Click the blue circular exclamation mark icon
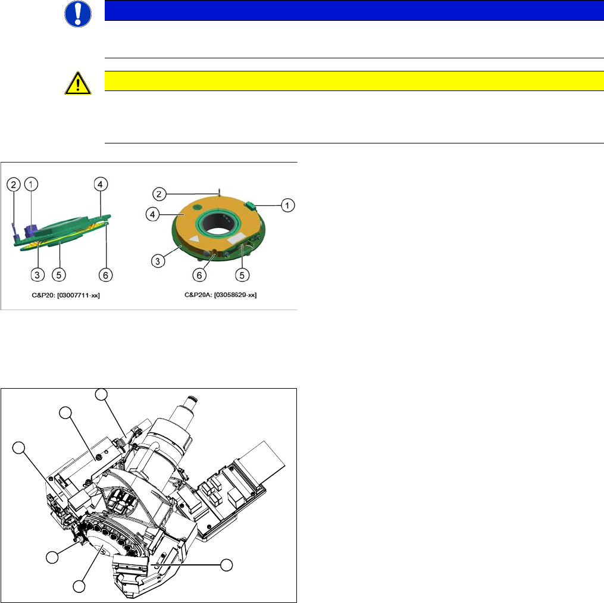(x=78, y=14)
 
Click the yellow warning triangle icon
(x=78, y=83)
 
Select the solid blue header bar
(x=354, y=10)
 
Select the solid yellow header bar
(x=354, y=81)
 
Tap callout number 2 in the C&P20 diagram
(x=14, y=185)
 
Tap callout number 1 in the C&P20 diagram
(x=31, y=184)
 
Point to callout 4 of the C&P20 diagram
(x=101, y=184)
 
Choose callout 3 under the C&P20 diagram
(x=37, y=275)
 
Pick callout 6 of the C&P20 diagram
(x=105, y=275)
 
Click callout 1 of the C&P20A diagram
(x=287, y=205)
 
